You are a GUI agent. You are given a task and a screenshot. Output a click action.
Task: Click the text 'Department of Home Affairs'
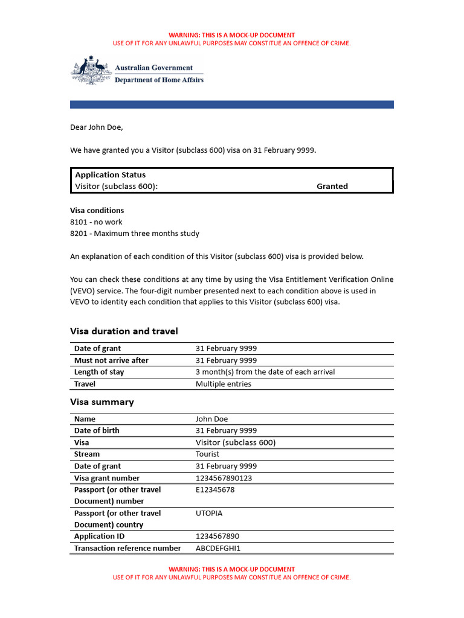[159, 80]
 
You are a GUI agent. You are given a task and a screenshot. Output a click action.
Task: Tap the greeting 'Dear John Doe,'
[96, 127]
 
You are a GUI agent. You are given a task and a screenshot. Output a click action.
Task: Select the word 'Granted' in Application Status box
[332, 186]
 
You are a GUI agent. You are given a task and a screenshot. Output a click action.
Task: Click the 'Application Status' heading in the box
[110, 175]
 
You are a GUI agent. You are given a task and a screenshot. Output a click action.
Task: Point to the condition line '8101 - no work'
[96, 222]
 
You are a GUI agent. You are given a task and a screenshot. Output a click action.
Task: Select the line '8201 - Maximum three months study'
[134, 234]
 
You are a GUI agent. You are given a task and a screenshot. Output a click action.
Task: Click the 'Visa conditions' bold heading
[97, 211]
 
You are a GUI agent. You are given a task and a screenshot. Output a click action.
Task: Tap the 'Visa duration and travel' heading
[124, 331]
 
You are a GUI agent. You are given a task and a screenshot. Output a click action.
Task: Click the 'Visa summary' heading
[102, 402]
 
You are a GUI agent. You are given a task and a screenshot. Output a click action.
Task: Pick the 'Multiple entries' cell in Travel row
[223, 384]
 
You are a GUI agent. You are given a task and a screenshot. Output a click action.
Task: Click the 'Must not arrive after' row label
[111, 360]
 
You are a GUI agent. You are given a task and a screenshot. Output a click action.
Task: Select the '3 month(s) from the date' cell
[265, 372]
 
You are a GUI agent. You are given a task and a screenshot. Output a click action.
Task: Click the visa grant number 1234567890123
[224, 478]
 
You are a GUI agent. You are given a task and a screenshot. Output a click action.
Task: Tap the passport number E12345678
[215, 489]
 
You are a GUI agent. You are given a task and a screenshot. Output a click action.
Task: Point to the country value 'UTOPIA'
[209, 513]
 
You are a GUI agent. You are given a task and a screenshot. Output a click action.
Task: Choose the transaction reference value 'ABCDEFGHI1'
[218, 549]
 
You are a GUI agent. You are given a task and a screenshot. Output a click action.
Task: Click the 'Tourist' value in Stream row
[207, 454]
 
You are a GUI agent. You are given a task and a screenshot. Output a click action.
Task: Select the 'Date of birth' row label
[97, 431]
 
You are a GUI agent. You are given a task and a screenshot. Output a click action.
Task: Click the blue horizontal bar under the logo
[231, 104]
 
